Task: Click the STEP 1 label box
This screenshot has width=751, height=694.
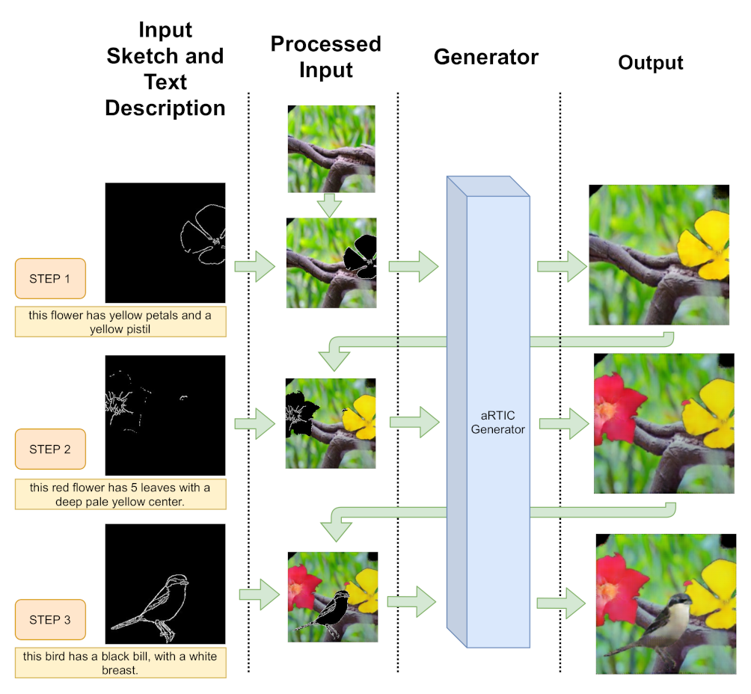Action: click(50, 279)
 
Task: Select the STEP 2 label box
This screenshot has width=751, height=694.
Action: click(50, 449)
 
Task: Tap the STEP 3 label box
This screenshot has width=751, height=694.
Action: click(50, 620)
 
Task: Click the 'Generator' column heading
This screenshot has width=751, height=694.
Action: click(485, 57)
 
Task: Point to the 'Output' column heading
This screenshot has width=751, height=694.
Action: click(651, 63)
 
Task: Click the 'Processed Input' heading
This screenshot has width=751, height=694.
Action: click(325, 57)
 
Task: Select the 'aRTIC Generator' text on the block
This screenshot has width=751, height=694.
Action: click(499, 423)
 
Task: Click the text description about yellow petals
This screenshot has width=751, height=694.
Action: click(120, 322)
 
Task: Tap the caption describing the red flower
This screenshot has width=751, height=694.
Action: click(120, 494)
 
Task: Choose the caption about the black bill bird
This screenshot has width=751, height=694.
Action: click(120, 663)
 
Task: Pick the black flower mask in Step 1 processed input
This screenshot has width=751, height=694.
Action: click(361, 255)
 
